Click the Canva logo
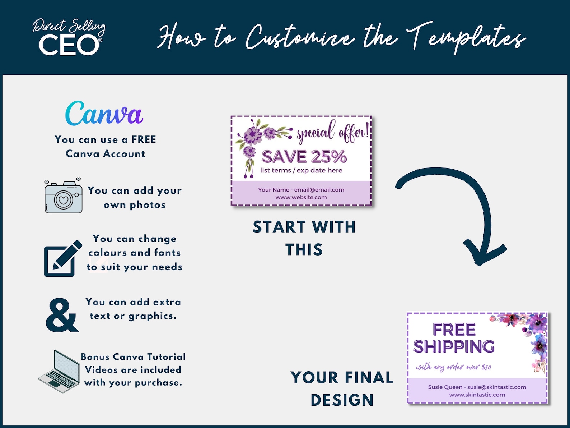coord(104,114)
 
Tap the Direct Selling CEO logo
coord(69,38)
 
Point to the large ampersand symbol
coord(62,315)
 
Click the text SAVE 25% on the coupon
coord(304,157)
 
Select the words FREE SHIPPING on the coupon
coord(454,338)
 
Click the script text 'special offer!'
coord(332,132)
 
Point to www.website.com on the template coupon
coord(301,197)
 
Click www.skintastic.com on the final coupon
coord(477,395)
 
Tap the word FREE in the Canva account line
coord(144,139)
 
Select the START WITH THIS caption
coord(304,238)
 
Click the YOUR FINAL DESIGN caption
coord(342,388)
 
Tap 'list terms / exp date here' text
coord(301,170)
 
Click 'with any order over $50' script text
coord(453,367)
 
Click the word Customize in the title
coord(300,37)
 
